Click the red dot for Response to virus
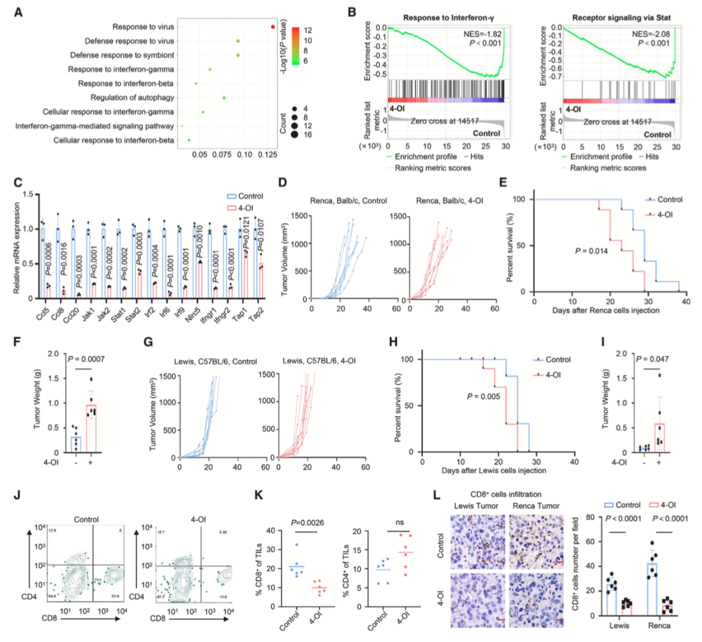(x=274, y=27)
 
